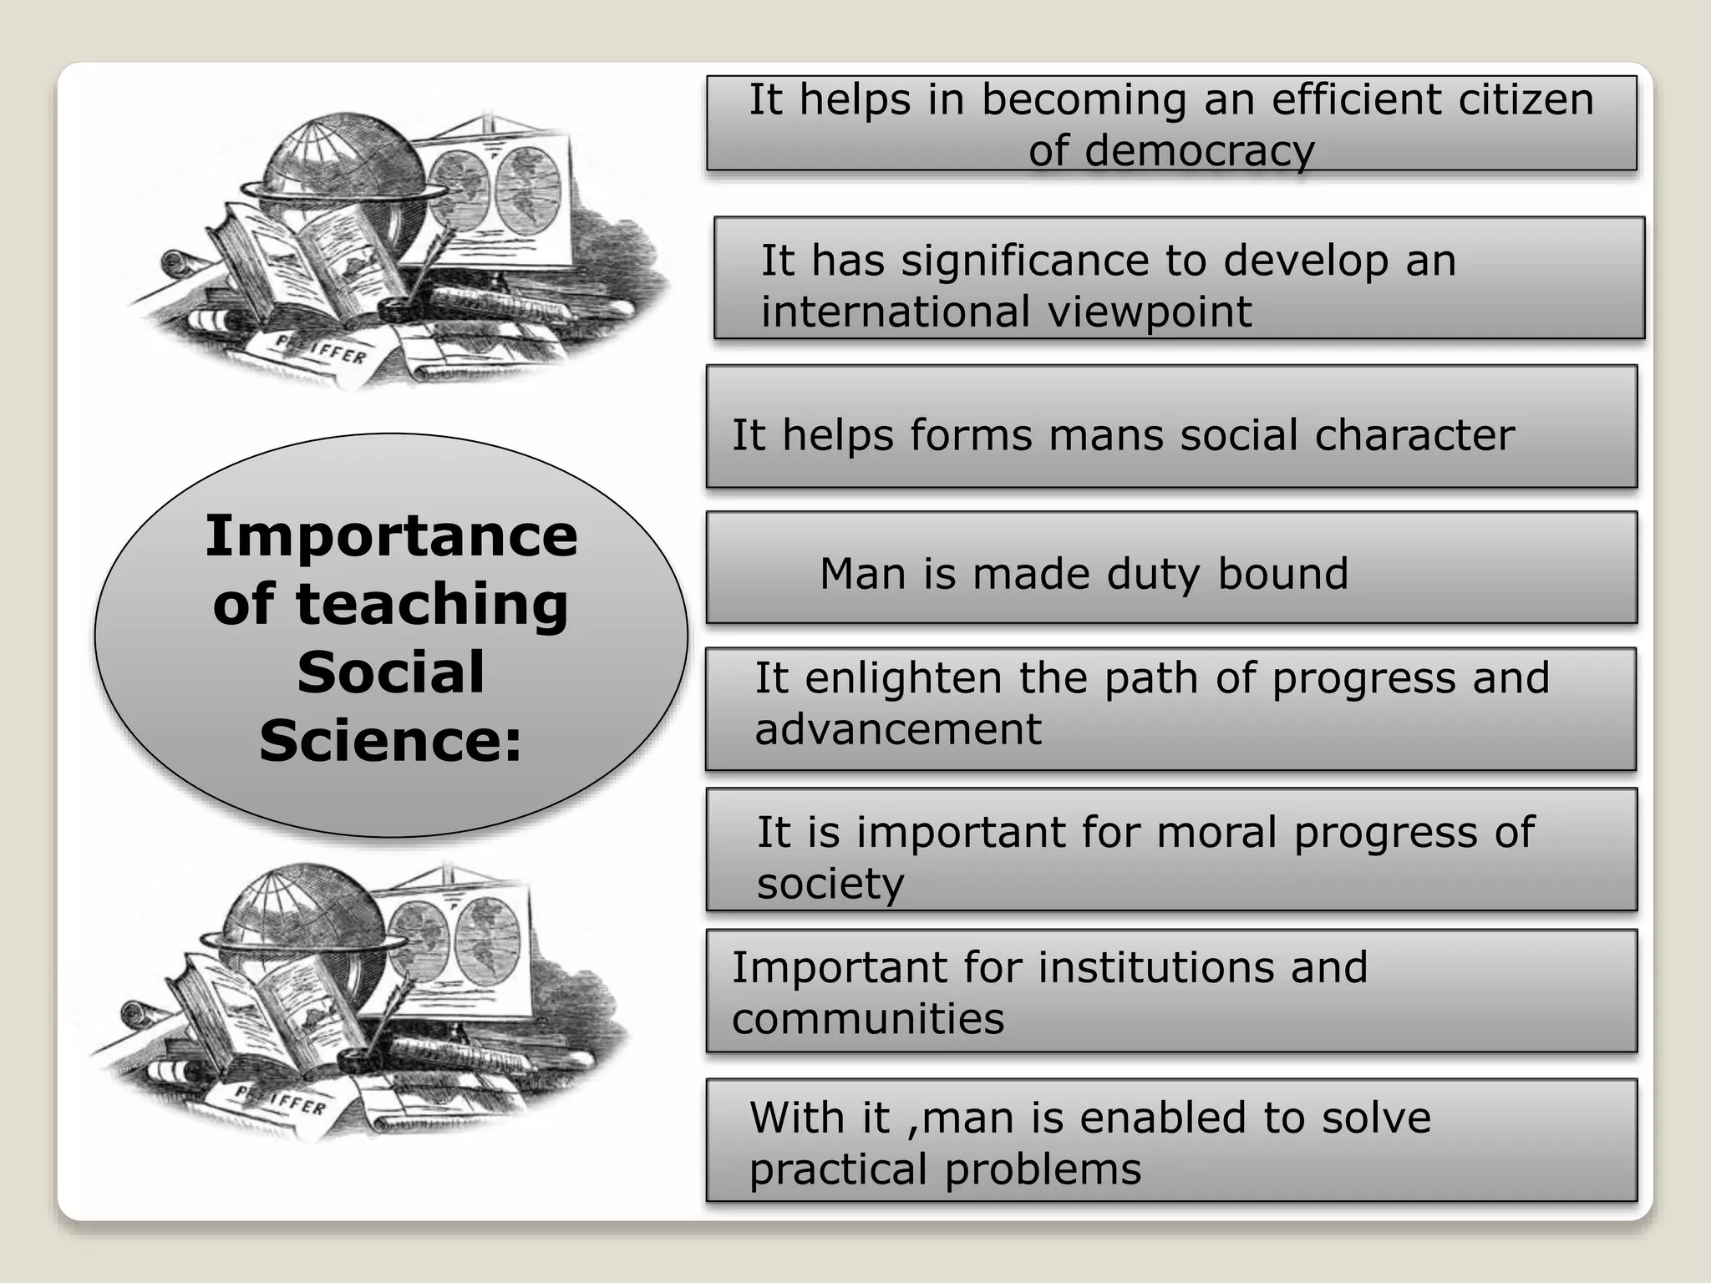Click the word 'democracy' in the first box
pyautogui.click(x=1171, y=151)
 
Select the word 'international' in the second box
pyautogui.click(x=895, y=312)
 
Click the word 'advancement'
pyautogui.click(x=898, y=729)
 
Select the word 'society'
pyautogui.click(x=830, y=884)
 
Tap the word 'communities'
pyautogui.click(x=868, y=1019)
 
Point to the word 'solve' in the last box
pyautogui.click(x=1376, y=1118)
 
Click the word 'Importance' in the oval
pyautogui.click(x=391, y=535)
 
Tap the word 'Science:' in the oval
pyautogui.click(x=391, y=741)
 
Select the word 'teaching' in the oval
pyautogui.click(x=432, y=604)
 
